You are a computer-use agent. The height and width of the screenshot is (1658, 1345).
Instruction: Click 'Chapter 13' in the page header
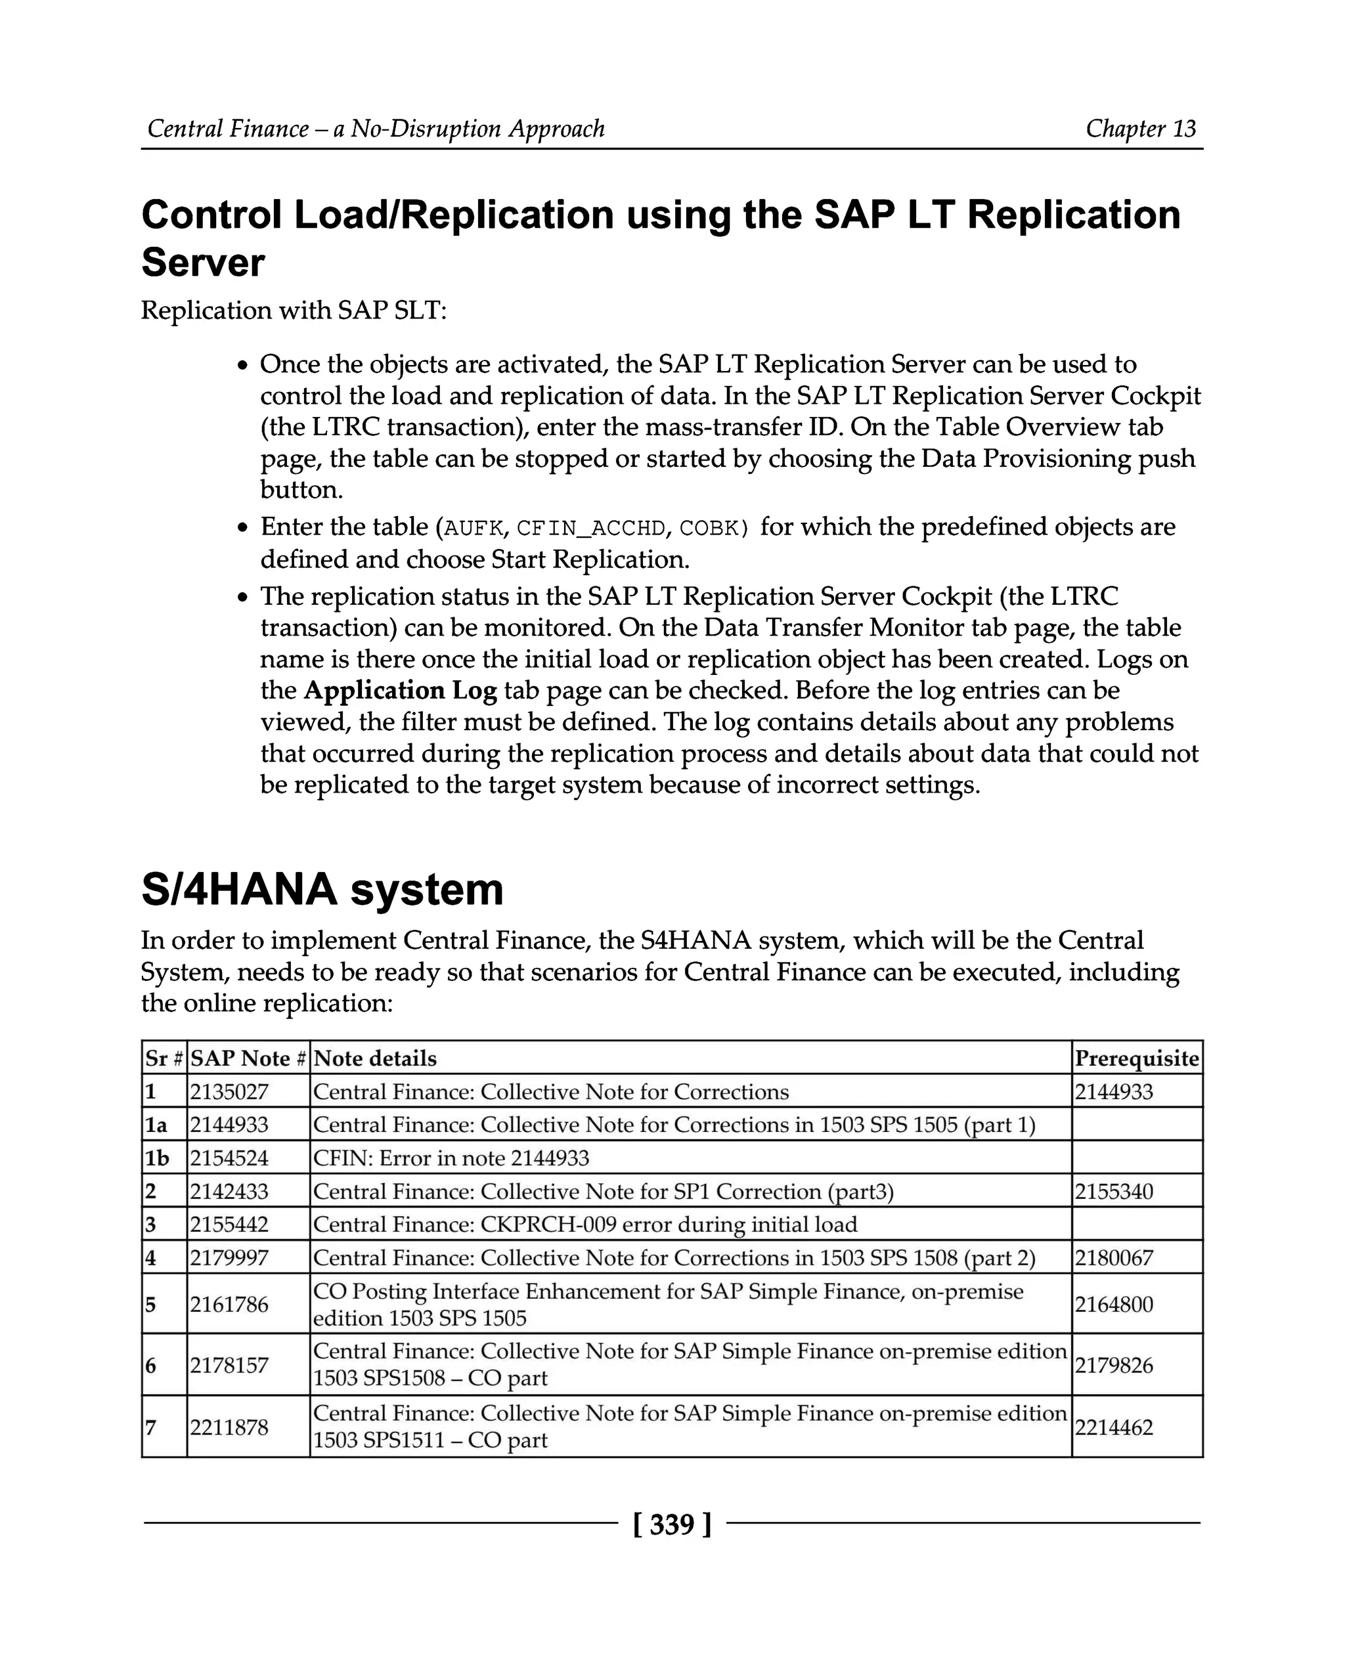pos(1141,128)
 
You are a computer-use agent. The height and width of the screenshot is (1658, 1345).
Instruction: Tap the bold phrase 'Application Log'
pos(400,690)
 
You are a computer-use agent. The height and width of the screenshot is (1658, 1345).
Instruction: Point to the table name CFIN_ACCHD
pos(591,529)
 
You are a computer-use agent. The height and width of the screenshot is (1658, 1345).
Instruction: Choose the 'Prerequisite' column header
pos(1137,1058)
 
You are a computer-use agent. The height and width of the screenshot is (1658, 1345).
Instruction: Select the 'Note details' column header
pos(375,1058)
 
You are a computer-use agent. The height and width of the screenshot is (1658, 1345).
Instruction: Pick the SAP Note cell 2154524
pos(229,1158)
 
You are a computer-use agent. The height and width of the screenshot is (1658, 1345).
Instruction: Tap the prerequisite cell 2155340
pos(1113,1192)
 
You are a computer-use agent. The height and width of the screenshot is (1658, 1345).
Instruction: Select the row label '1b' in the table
pos(157,1158)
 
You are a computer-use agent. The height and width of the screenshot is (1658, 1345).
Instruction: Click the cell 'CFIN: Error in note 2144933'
pos(451,1158)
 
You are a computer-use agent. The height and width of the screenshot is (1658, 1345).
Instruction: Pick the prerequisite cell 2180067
pos(1113,1258)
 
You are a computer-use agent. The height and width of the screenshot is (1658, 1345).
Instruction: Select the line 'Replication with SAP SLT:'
pos(294,311)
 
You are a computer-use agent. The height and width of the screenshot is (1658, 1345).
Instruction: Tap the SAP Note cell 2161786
pos(229,1305)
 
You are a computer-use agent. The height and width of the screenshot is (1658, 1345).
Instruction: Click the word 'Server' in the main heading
pos(203,263)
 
